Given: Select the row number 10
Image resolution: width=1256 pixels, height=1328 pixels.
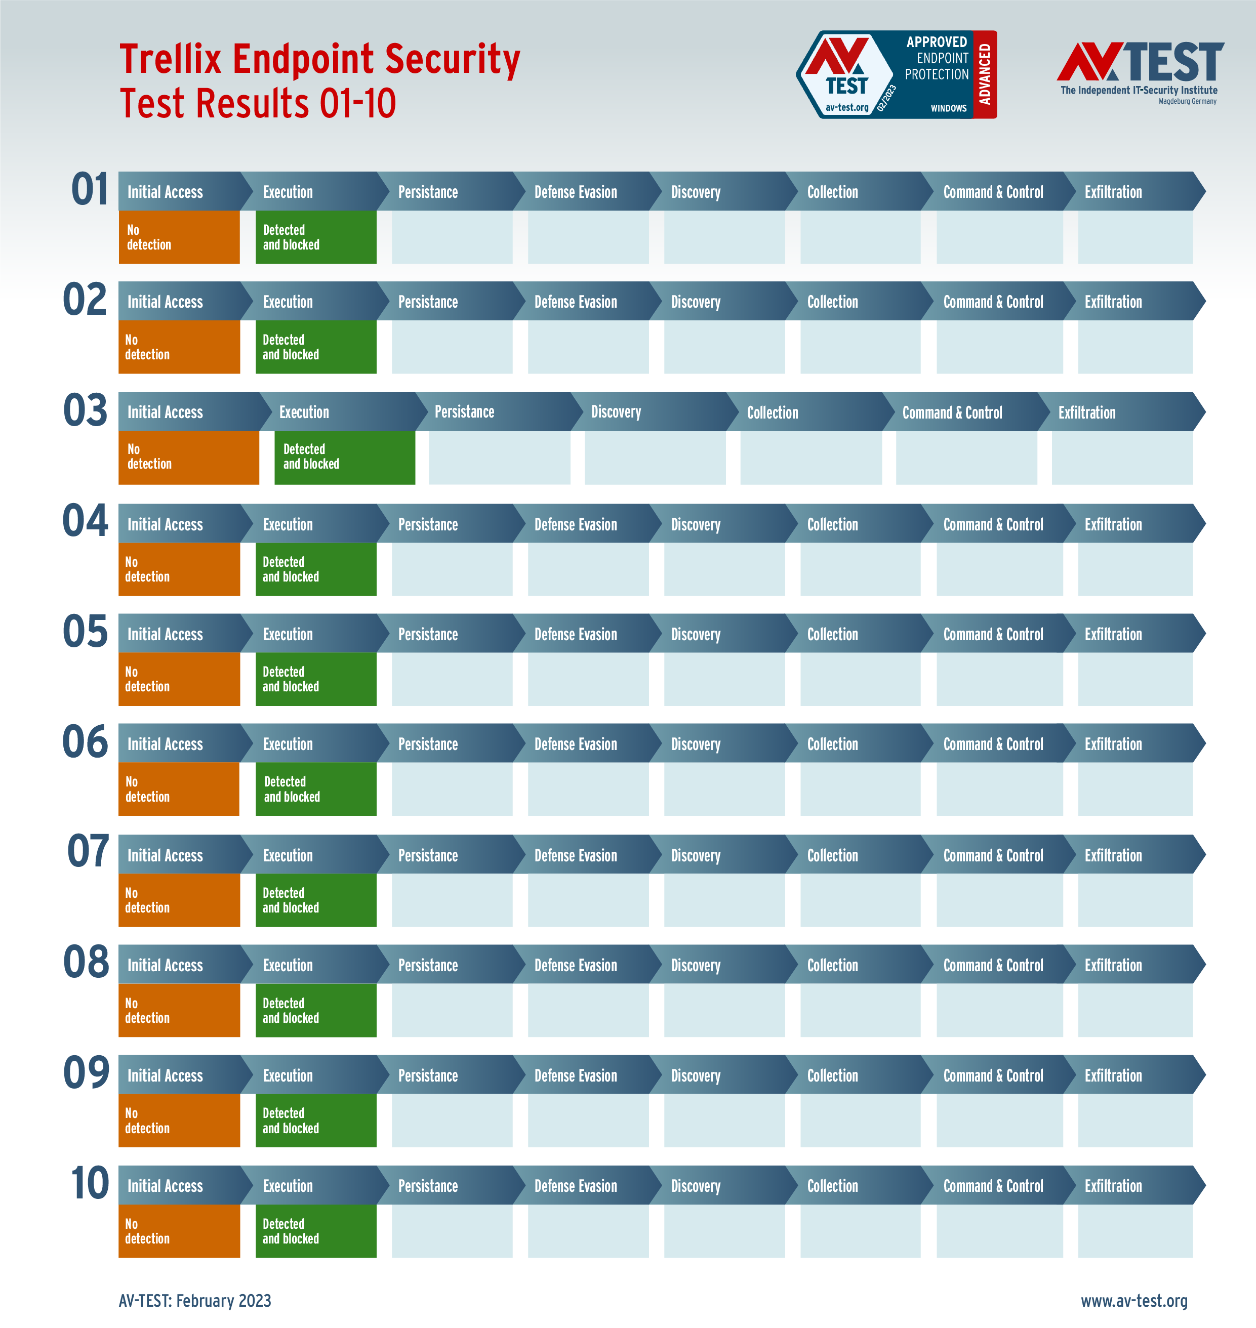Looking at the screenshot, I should click(90, 1183).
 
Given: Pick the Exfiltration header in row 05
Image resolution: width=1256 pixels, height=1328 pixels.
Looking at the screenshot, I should click(1113, 635).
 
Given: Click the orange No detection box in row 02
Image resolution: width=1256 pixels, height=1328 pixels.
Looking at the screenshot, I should click(179, 347).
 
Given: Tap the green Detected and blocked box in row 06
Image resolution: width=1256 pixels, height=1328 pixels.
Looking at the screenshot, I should click(315, 789).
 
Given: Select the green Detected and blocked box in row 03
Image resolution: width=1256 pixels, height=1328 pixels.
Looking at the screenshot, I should click(344, 457).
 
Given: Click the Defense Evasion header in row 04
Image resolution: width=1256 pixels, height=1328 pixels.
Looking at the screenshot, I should click(575, 525).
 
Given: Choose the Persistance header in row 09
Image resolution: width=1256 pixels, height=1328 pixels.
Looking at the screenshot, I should click(428, 1075).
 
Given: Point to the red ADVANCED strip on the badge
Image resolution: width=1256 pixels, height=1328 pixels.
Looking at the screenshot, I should click(984, 74).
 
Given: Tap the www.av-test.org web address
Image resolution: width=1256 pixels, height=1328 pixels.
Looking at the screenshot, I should click(1133, 1301).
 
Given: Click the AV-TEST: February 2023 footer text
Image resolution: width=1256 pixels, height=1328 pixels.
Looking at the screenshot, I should click(195, 1301).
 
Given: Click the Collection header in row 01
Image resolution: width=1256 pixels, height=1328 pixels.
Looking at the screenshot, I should click(832, 193).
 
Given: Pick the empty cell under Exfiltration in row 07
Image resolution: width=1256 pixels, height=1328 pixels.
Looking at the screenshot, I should click(1135, 900).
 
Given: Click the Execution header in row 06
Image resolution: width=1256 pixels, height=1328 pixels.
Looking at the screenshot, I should click(288, 744).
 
